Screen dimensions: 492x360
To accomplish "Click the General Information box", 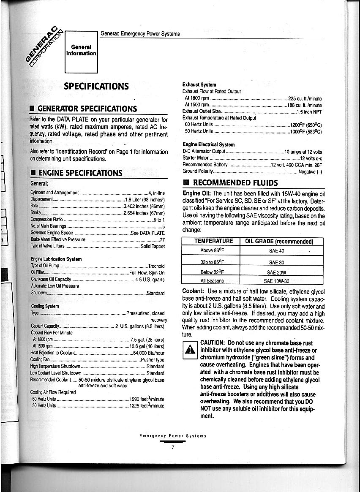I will (81, 50).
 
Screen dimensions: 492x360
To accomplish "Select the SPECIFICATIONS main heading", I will (96, 86).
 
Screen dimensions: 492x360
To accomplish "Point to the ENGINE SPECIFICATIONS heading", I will (80, 173).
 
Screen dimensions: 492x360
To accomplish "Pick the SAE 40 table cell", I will (276, 251).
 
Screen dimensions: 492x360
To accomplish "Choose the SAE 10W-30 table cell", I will (276, 281).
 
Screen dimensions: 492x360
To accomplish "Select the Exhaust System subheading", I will (199, 84).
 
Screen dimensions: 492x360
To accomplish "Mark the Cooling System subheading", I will (45, 306).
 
